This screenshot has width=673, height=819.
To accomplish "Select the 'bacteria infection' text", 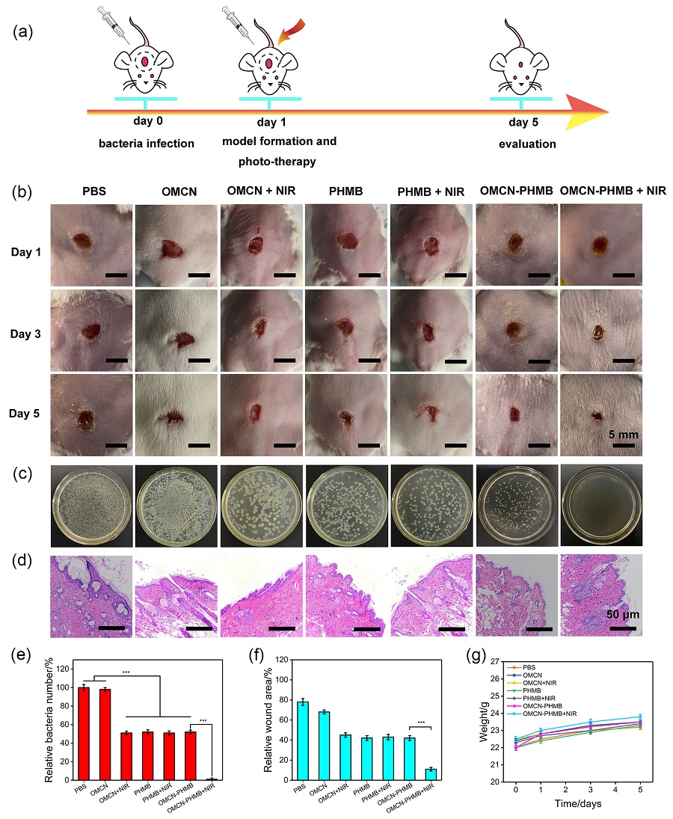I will (147, 143).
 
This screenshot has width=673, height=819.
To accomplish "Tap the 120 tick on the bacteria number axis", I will (64, 668).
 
